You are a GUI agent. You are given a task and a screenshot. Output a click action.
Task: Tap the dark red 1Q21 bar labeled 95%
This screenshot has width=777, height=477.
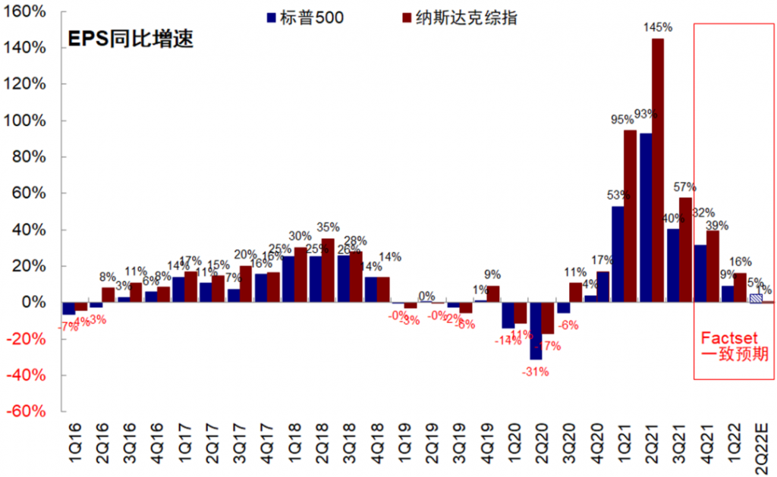click(x=630, y=216)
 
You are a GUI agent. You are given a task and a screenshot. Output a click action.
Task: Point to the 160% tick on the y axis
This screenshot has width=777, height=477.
click(x=29, y=12)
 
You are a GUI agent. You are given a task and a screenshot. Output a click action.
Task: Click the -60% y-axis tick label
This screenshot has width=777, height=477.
click(x=29, y=411)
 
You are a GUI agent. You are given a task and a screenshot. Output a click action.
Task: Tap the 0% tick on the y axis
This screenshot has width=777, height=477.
click(x=38, y=303)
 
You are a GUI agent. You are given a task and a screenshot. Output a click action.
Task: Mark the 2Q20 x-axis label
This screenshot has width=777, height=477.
click(x=541, y=447)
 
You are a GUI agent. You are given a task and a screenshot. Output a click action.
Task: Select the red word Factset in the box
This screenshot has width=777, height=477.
click(x=729, y=337)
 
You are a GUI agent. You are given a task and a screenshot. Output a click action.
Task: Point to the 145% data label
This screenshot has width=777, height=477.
click(x=658, y=28)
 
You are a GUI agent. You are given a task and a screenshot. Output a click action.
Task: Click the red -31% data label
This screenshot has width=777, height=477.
click(x=534, y=372)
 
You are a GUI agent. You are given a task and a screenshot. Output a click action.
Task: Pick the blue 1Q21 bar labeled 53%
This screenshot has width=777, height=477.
click(x=618, y=254)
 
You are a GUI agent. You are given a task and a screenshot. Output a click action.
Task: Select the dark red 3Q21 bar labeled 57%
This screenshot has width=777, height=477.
click(x=685, y=249)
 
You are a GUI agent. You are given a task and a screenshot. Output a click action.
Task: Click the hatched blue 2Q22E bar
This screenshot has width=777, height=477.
click(x=756, y=298)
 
